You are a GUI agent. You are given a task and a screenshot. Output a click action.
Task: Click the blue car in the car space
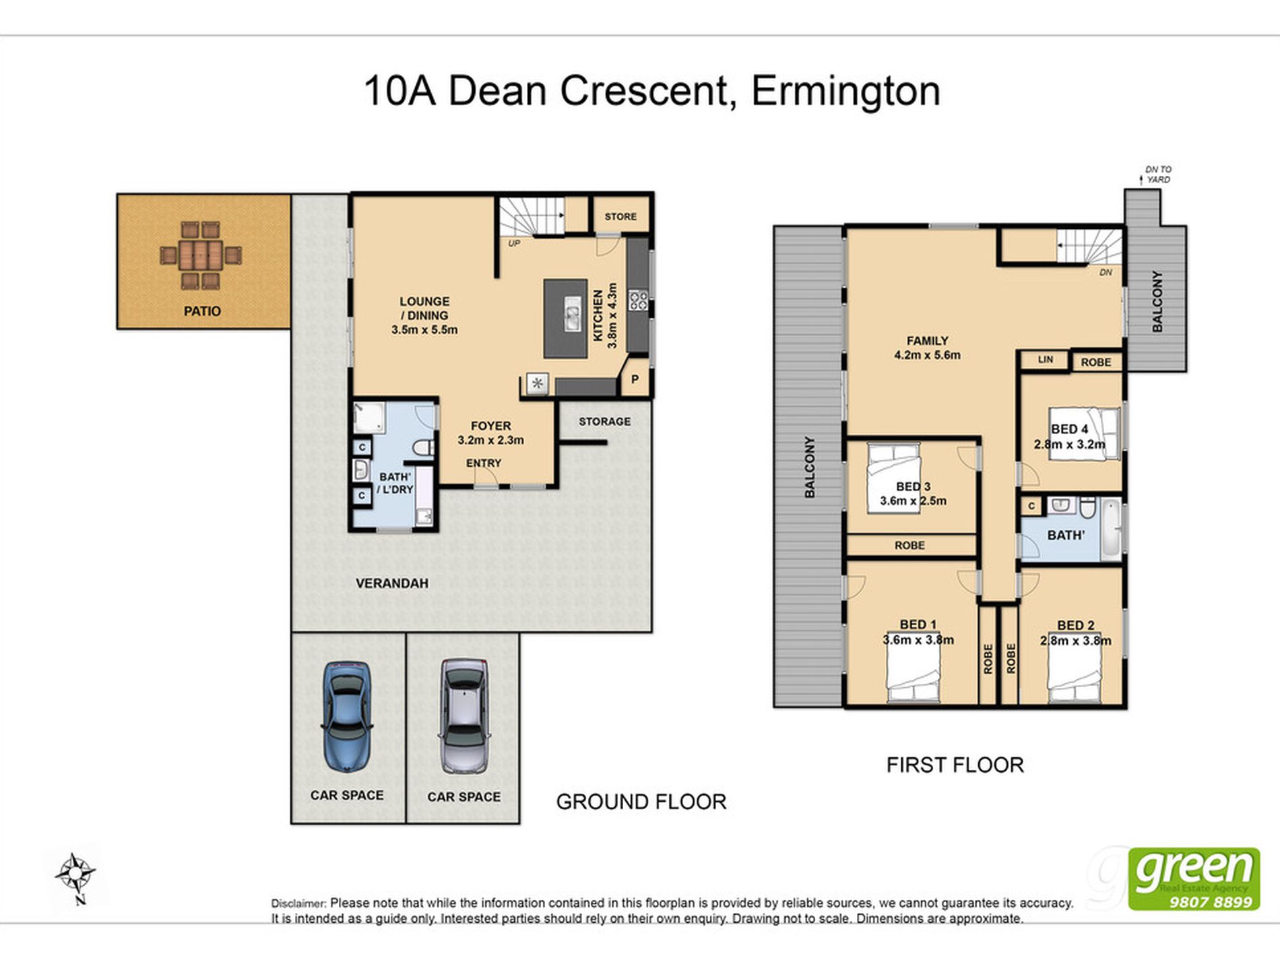(x=347, y=717)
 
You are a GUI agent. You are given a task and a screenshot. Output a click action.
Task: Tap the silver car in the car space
(x=464, y=717)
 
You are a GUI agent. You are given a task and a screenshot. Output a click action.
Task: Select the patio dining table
(x=201, y=255)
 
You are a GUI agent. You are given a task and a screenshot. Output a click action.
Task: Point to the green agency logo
(x=1194, y=879)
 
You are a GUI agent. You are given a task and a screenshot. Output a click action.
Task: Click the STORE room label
(x=620, y=216)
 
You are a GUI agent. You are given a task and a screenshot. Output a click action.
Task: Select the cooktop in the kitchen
(x=638, y=300)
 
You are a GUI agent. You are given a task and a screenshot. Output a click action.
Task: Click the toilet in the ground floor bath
(x=423, y=447)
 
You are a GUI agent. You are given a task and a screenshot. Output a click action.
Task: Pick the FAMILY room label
(x=927, y=341)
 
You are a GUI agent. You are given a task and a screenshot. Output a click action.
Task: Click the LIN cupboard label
(x=1045, y=360)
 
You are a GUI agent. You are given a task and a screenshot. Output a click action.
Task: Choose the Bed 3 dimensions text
(x=913, y=501)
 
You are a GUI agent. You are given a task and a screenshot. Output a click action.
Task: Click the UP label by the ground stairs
(x=514, y=243)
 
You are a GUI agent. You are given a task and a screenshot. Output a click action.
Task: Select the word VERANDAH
(x=392, y=583)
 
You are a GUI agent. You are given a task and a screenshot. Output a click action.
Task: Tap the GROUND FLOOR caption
(x=641, y=802)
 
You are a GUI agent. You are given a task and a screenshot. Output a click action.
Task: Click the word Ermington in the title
(x=845, y=91)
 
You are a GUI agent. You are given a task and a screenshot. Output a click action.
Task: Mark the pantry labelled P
(x=635, y=379)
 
